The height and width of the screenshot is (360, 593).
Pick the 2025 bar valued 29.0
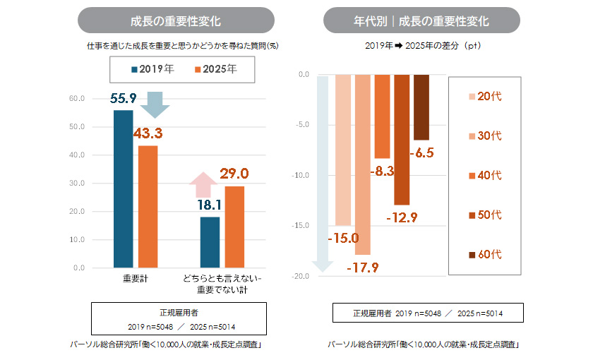(234, 227)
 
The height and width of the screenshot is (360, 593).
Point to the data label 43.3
(148, 133)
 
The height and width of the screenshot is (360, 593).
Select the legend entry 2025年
(215, 69)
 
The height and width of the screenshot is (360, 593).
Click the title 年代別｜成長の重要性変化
(421, 20)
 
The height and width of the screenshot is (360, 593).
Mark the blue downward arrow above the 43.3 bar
(155, 105)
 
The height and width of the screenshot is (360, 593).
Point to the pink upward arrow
(203, 185)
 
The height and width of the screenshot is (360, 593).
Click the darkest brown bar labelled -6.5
(421, 107)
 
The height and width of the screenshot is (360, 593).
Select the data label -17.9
(363, 267)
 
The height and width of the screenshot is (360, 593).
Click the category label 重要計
(135, 280)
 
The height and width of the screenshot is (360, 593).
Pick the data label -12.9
(402, 217)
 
